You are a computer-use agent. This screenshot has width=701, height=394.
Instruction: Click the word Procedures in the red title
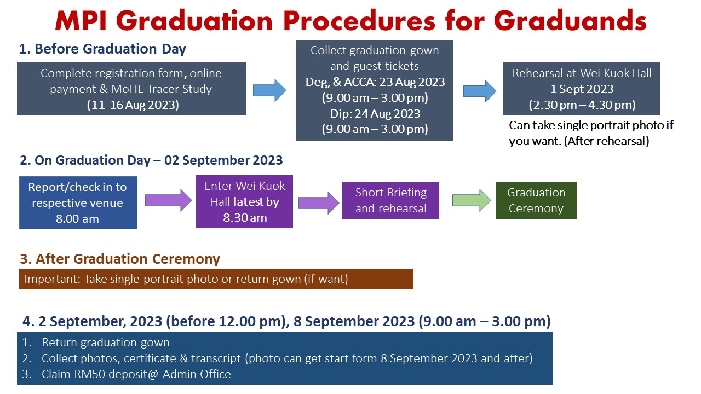click(x=359, y=21)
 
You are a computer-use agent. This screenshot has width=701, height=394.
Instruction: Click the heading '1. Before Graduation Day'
click(x=102, y=49)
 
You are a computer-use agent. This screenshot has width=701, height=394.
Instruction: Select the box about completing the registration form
click(x=131, y=89)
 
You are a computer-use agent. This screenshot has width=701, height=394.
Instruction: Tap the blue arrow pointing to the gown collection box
click(x=269, y=90)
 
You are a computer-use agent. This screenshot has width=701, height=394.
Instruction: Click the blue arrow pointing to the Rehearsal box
click(x=480, y=91)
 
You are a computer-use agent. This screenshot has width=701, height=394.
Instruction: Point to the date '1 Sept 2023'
click(x=582, y=89)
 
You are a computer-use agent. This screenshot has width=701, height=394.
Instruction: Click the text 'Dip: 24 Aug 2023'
click(x=375, y=113)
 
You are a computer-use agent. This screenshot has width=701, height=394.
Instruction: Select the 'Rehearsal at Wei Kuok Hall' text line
click(x=582, y=73)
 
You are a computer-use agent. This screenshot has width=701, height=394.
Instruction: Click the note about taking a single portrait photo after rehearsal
click(x=591, y=133)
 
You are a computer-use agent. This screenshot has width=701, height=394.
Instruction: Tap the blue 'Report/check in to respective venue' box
click(x=78, y=202)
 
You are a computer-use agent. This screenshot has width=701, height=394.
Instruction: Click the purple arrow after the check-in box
click(x=168, y=200)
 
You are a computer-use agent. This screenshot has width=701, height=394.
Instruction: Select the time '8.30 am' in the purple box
click(x=245, y=218)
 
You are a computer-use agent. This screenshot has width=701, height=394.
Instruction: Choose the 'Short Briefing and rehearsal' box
click(x=390, y=200)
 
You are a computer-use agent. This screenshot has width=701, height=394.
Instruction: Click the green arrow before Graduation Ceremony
click(x=472, y=200)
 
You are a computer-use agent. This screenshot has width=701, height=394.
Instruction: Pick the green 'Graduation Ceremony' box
click(x=536, y=200)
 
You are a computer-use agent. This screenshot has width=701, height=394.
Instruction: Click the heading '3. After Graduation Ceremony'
click(x=120, y=259)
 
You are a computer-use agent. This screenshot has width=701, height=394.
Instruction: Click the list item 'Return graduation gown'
click(x=106, y=343)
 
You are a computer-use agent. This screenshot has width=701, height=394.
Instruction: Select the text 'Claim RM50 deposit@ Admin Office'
click(x=136, y=374)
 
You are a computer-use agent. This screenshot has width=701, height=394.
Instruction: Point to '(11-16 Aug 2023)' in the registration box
click(x=133, y=105)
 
